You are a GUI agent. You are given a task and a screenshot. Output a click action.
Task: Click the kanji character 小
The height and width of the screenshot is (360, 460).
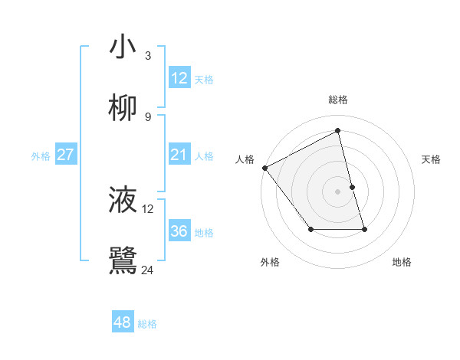123,47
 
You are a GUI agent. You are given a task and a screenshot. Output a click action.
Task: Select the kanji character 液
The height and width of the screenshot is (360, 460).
123,200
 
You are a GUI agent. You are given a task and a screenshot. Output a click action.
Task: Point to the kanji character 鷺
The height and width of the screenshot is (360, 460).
123,260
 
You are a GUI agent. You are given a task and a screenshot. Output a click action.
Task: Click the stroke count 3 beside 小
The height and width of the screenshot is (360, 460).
148,56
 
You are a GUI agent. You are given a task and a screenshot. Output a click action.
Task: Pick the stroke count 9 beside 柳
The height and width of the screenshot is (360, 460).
148,117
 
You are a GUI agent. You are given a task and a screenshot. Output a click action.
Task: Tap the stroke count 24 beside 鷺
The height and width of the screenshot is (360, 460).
148,270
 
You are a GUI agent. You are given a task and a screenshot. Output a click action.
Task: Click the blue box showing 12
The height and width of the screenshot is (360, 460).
179,78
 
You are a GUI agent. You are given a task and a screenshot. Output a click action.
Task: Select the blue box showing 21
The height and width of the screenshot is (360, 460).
179,155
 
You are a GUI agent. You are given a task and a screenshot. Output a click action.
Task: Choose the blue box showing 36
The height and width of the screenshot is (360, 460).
179,231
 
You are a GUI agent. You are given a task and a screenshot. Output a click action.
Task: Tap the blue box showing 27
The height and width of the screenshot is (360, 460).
66,155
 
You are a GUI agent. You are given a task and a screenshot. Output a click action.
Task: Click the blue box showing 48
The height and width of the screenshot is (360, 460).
122,322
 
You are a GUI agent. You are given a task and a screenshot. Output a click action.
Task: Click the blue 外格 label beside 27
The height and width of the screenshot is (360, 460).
41,156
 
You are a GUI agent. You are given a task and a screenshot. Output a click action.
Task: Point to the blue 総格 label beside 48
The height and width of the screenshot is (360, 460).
147,324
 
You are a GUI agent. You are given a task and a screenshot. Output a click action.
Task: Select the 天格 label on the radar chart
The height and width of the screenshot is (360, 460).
432,159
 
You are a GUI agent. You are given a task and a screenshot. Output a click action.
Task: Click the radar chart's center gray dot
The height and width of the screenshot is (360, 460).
338,191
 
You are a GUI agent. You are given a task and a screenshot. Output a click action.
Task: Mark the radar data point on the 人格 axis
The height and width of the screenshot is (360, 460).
264,168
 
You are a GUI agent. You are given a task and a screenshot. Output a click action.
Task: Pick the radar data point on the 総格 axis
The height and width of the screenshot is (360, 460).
338,131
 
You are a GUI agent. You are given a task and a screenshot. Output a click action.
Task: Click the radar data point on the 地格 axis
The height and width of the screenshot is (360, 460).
364,229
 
